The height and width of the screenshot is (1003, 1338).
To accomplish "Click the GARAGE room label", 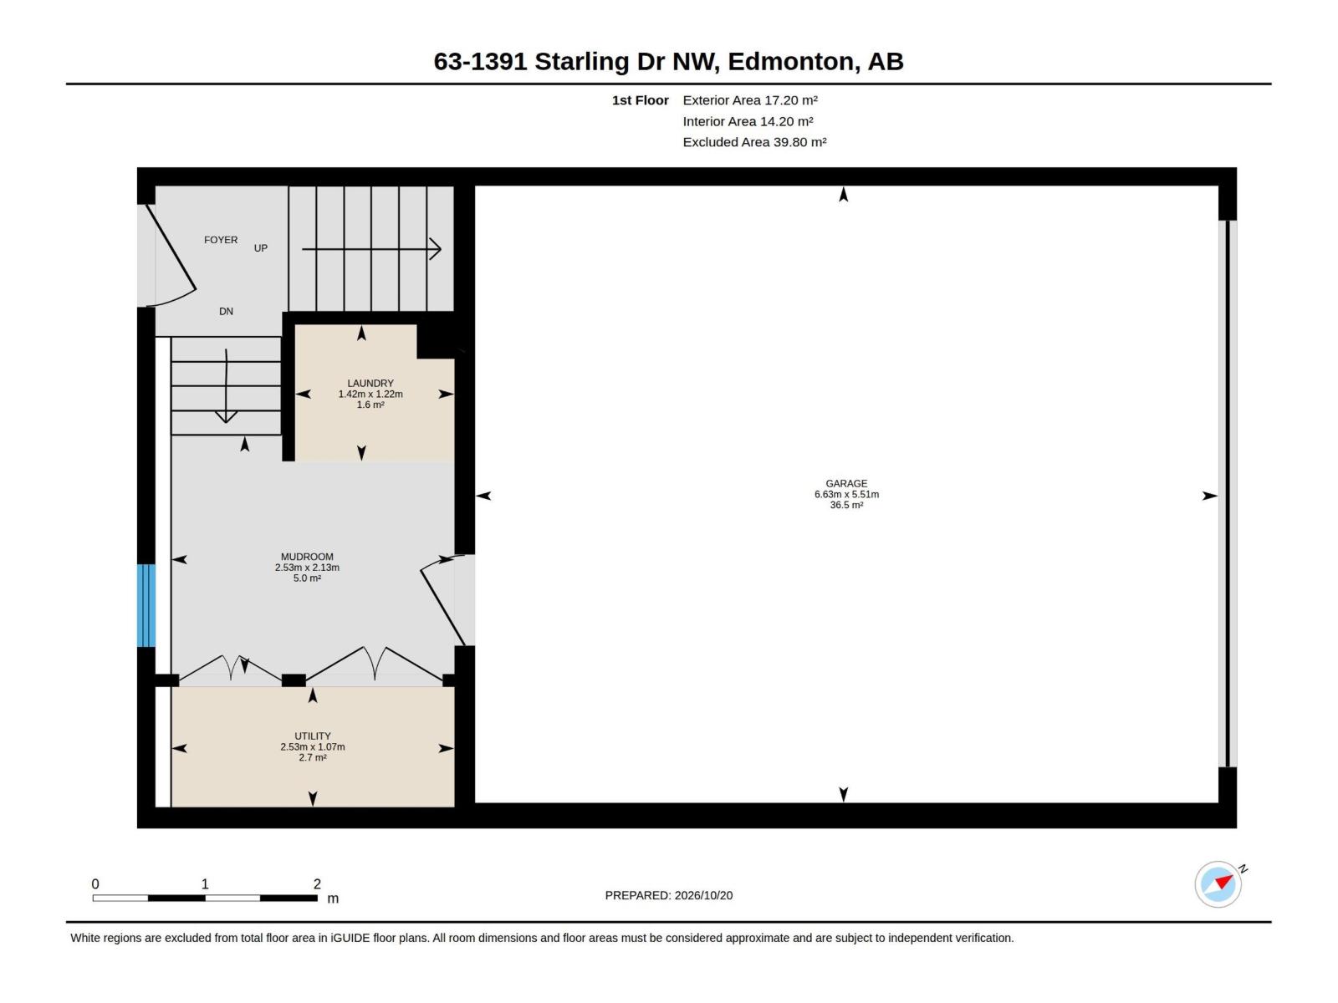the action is (846, 484).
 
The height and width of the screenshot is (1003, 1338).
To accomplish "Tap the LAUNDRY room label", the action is (370, 383).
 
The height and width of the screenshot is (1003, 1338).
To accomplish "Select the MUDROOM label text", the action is (307, 557).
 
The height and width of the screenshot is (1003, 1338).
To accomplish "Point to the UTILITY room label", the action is (313, 736).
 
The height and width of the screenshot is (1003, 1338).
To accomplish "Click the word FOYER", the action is (221, 240).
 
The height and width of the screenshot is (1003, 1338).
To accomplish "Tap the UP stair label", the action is (261, 248).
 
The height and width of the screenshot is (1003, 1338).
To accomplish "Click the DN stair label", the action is (226, 311).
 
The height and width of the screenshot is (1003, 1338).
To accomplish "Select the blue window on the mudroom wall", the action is (146, 605).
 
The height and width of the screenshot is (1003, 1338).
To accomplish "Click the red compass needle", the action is (1224, 882).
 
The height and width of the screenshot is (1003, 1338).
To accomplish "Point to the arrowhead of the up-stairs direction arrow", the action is (436, 248).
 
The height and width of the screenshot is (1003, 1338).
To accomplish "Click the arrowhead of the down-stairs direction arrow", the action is (226, 418).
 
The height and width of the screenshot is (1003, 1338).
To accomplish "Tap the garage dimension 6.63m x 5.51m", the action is (846, 495).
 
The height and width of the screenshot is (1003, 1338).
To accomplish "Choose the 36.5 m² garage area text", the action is (846, 505).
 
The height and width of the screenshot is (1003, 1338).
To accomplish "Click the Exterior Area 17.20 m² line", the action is (750, 100).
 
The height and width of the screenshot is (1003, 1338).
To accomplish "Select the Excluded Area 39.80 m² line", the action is (754, 142).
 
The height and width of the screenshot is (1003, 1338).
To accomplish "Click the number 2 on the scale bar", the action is (317, 883).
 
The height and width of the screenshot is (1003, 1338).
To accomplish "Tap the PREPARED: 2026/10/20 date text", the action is (669, 895).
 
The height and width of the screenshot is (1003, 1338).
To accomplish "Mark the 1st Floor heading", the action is (640, 100).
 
